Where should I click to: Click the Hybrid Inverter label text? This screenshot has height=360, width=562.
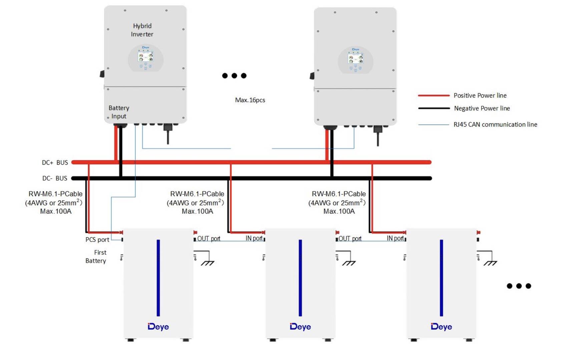pyautogui.click(x=142, y=30)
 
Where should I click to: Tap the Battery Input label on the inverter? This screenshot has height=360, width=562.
pyautogui.click(x=119, y=112)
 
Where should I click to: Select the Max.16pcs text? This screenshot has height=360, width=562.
pyautogui.click(x=250, y=100)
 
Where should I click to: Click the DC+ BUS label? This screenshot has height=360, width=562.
pyautogui.click(x=55, y=162)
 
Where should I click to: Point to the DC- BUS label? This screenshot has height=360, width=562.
pyautogui.click(x=55, y=178)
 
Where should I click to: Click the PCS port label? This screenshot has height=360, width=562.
pyautogui.click(x=97, y=240)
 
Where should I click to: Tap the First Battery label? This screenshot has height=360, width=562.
pyautogui.click(x=96, y=256)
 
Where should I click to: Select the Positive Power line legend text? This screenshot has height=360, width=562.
pyautogui.click(x=480, y=96)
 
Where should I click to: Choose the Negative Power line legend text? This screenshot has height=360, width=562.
pyautogui.click(x=482, y=108)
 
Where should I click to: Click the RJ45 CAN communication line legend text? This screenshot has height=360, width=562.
pyautogui.click(x=495, y=125)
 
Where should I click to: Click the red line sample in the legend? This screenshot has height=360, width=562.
pyautogui.click(x=434, y=96)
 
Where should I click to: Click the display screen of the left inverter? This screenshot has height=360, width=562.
pyautogui.click(x=145, y=57)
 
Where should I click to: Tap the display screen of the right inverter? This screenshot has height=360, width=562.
pyautogui.click(x=356, y=59)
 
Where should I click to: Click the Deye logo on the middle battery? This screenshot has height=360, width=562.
pyautogui.click(x=300, y=327)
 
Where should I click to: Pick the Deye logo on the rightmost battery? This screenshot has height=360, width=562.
pyautogui.click(x=441, y=327)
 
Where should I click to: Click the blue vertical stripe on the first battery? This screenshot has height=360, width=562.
pyautogui.click(x=158, y=278)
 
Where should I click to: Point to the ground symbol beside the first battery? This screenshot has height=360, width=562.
pyautogui.click(x=207, y=263)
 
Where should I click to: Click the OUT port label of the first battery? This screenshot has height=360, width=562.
pyautogui.click(x=209, y=239)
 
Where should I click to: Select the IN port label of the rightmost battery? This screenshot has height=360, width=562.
pyautogui.click(x=395, y=238)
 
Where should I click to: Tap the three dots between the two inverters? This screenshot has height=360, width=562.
pyautogui.click(x=234, y=76)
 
